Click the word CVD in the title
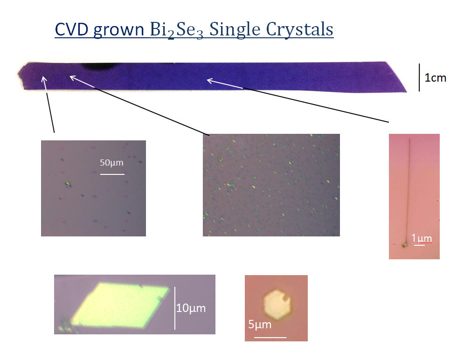coord(72,29)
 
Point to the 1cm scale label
coord(435,78)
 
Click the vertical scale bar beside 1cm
coord(419,77)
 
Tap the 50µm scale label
coord(111,162)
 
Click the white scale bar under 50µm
coord(112,174)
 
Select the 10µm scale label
coord(191,308)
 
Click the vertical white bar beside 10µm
coord(175,308)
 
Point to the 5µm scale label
coord(260,324)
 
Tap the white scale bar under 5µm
coord(270,337)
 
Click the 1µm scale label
coord(422,238)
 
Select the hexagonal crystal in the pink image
coord(277,305)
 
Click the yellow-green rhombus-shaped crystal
coord(120,305)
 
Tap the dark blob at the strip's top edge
coord(98,66)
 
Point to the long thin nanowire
coord(407,192)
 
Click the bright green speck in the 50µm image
coord(68,184)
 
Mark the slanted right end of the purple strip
coord(396,76)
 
